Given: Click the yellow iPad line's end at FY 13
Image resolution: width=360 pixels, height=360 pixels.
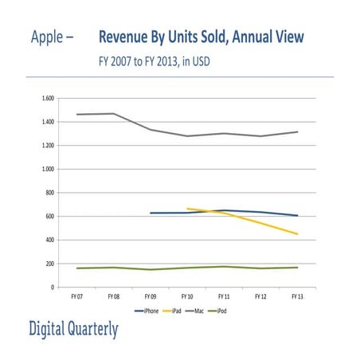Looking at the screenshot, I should pyautogui.click(x=296, y=234).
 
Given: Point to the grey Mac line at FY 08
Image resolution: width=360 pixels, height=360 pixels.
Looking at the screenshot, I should pyautogui.click(x=114, y=113).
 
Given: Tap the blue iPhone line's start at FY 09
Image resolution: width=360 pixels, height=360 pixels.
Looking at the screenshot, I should pyautogui.click(x=151, y=213).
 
